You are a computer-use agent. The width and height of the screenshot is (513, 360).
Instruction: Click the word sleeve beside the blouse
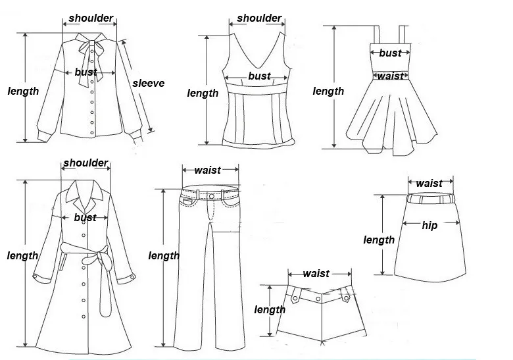(x=148, y=83)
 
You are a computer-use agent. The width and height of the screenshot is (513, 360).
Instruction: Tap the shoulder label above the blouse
(x=90, y=18)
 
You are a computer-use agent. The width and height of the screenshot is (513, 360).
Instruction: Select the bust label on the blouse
(x=85, y=72)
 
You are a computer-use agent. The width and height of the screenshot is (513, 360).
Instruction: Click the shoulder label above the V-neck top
(x=259, y=18)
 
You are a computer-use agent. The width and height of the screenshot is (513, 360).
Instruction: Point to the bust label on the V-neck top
(x=259, y=76)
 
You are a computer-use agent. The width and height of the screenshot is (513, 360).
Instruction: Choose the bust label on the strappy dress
(x=390, y=53)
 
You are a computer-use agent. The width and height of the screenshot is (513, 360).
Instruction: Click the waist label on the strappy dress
(x=390, y=76)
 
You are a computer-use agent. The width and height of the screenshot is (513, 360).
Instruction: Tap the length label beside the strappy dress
(x=328, y=91)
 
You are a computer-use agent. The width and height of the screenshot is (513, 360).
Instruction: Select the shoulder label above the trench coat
(x=85, y=163)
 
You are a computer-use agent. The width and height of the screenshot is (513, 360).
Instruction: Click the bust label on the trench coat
(x=85, y=217)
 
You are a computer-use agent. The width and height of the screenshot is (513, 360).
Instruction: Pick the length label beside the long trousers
(x=164, y=255)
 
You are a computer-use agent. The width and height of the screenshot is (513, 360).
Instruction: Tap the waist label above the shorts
(x=316, y=273)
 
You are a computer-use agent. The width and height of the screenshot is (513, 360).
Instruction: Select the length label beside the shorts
(x=270, y=309)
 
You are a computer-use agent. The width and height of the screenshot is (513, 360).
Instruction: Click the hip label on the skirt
(x=429, y=225)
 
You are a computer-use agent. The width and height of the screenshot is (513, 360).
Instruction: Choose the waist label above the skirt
(x=429, y=183)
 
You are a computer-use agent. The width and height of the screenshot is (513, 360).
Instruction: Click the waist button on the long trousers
(x=210, y=195)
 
